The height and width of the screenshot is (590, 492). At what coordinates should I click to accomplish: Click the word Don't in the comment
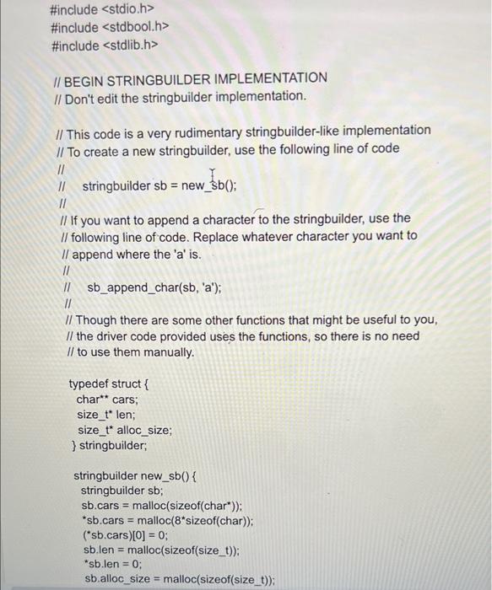(83, 96)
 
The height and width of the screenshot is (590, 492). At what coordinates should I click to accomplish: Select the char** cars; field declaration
(107, 400)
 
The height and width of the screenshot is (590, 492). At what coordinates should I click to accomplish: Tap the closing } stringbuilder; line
(111, 445)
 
